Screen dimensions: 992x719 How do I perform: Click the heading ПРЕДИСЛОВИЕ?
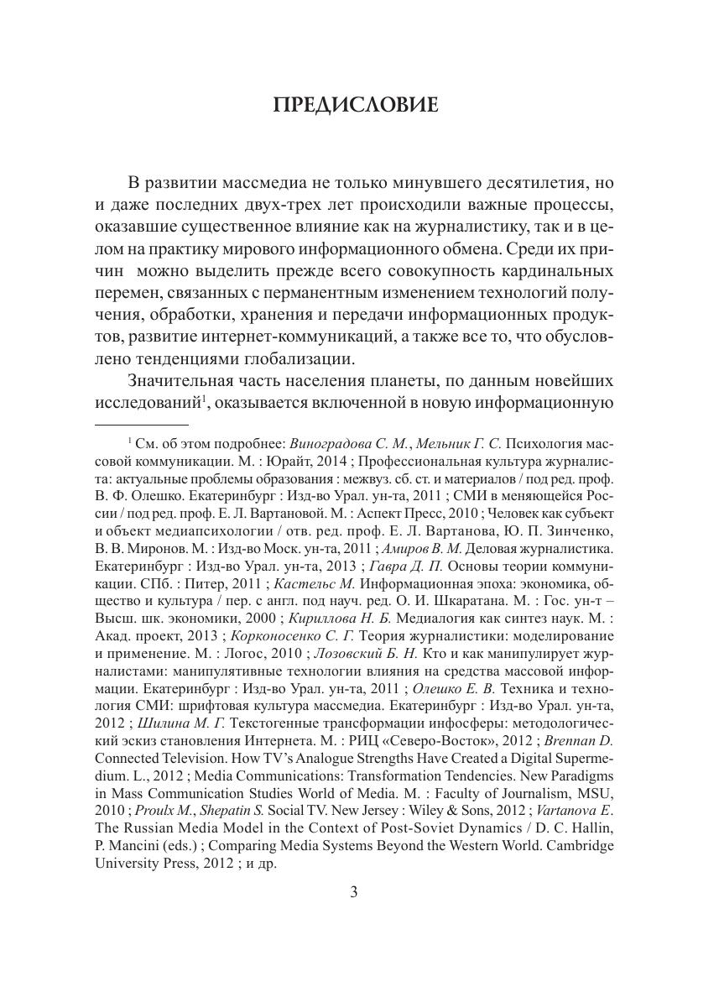(x=356, y=106)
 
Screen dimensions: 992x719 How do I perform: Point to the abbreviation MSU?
(x=597, y=794)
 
